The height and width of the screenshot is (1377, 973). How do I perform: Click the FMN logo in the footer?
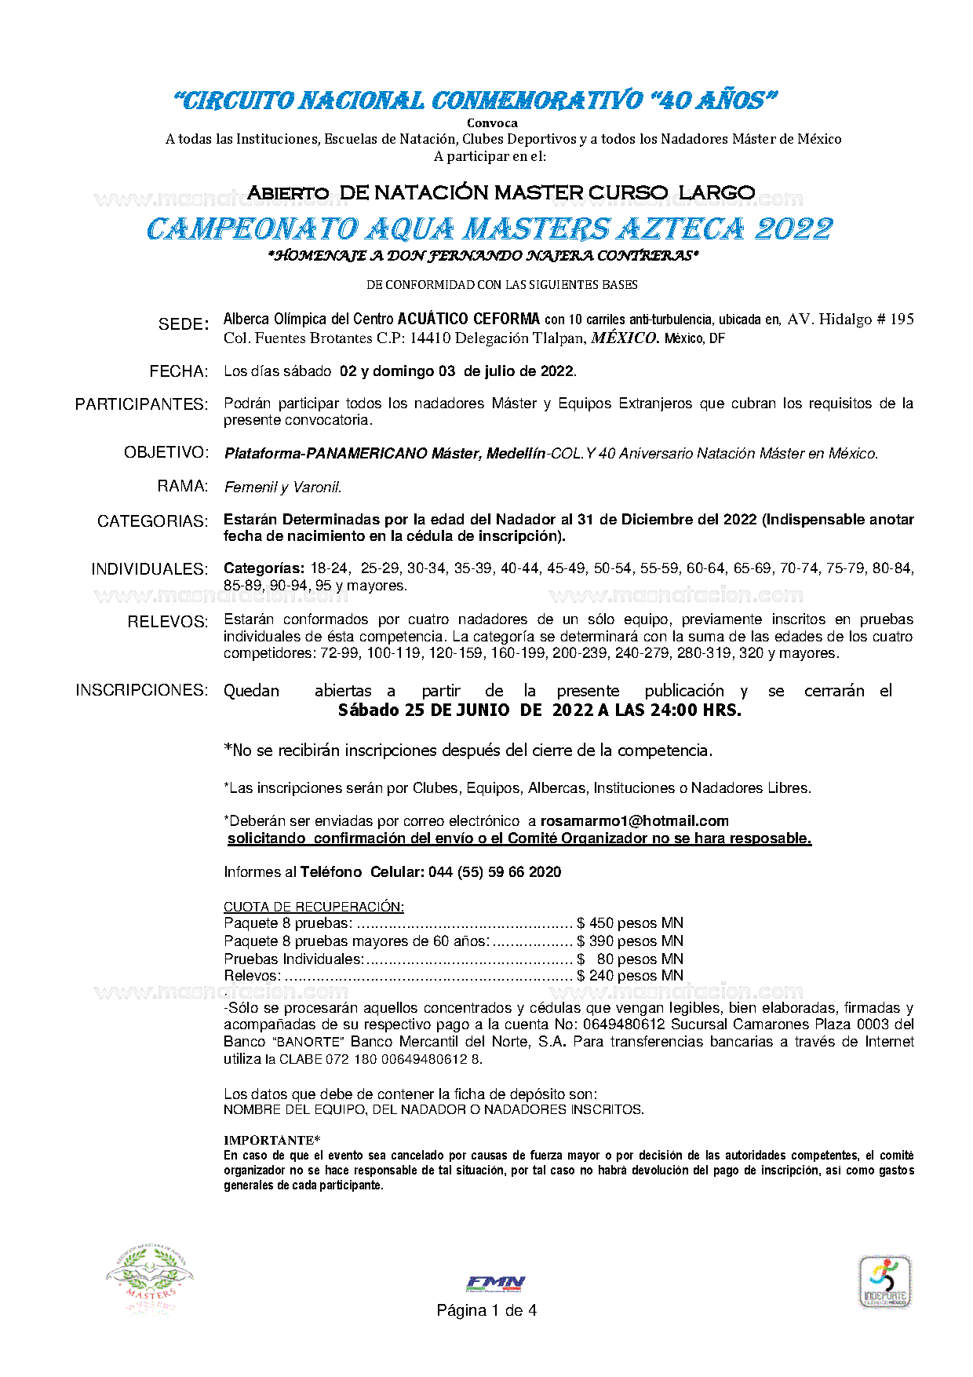coord(495,1283)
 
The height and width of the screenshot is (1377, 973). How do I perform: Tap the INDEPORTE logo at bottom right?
coord(884,1281)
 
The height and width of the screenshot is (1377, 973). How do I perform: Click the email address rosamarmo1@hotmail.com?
coord(634,821)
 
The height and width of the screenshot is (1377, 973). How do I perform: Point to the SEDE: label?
coord(184,324)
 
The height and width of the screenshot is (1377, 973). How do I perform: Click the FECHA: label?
coord(179,371)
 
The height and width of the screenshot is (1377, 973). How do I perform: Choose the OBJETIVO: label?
coord(166,453)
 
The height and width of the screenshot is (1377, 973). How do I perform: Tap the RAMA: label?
coord(183,487)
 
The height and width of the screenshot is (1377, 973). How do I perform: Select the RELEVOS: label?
coord(168,623)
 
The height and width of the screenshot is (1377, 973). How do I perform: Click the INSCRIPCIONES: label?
coord(142,690)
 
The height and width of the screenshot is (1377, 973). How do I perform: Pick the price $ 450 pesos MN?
coord(630,923)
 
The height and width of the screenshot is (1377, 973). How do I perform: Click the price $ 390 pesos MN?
coord(630,941)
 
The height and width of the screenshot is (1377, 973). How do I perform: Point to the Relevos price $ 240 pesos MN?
coord(630,976)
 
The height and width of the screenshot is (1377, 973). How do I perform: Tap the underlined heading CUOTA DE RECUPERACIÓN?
coord(314,907)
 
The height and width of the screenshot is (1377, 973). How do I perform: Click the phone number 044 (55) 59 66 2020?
coord(494,872)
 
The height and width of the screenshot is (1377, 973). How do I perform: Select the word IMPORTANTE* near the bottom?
coord(271,1140)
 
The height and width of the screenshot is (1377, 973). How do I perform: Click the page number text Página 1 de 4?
coord(486,1310)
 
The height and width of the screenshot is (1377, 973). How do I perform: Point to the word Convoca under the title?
coord(492,123)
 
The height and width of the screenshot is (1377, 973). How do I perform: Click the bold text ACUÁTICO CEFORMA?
coord(468,319)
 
